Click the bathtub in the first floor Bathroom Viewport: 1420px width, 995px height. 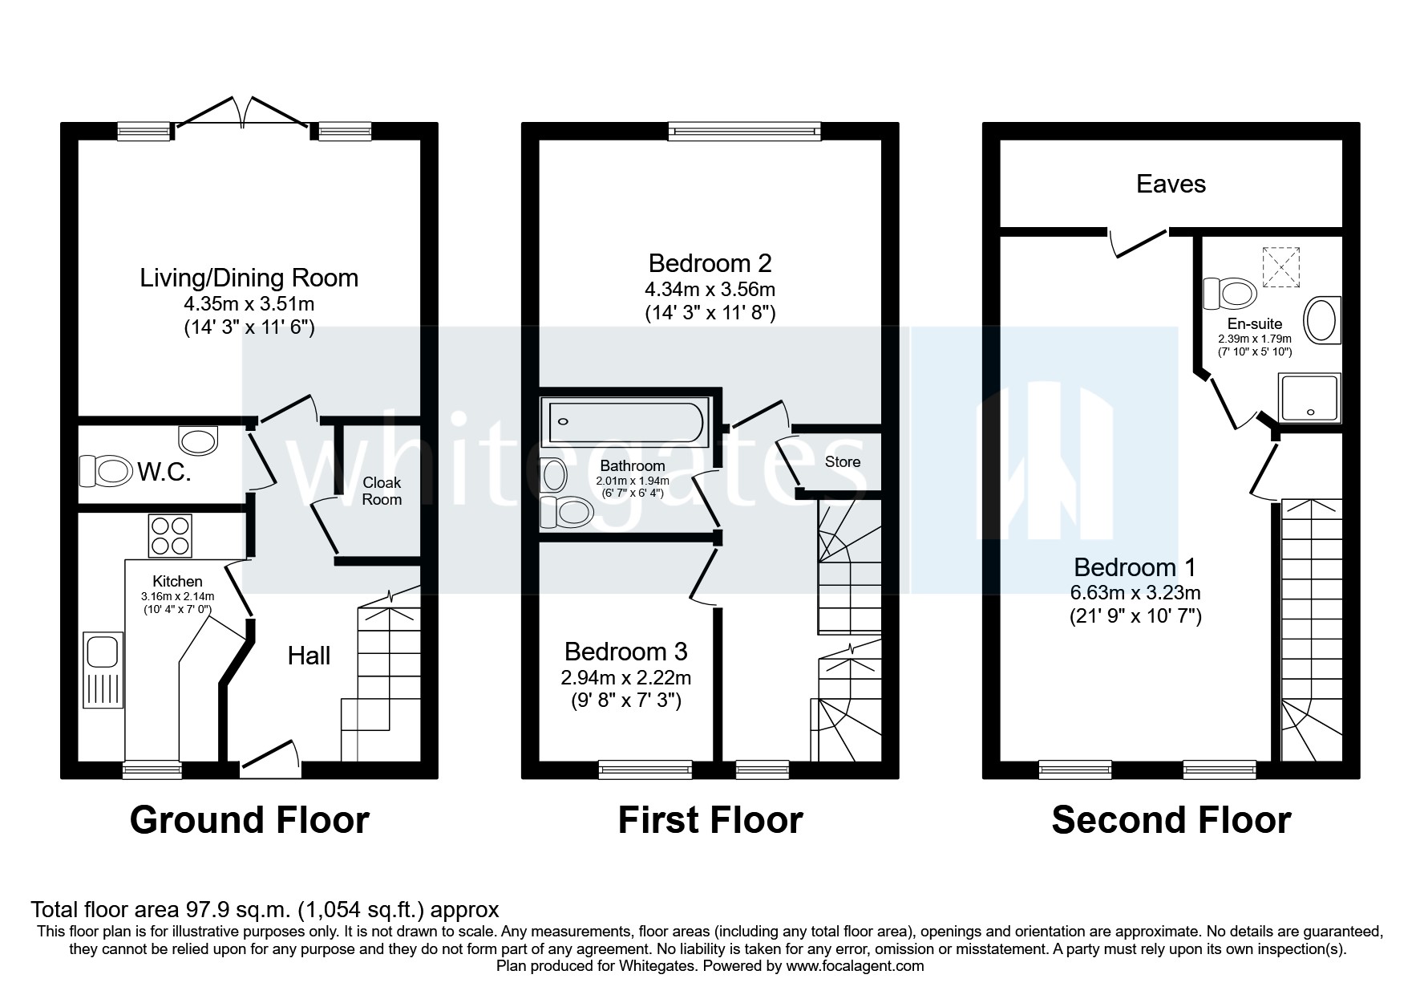tap(625, 421)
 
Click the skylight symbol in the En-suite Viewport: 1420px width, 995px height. tap(1280, 266)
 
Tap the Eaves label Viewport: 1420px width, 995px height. tap(1171, 184)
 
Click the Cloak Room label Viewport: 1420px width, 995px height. tap(382, 491)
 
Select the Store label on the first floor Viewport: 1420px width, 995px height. tap(842, 461)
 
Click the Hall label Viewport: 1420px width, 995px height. tap(309, 656)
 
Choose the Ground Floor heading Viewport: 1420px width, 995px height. tap(249, 820)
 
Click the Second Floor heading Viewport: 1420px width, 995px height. tap(1171, 820)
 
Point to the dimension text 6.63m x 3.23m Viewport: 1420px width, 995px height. tap(1135, 593)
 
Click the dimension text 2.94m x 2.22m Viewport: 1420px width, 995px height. tap(625, 677)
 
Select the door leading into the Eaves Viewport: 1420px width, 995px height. tap(1139, 242)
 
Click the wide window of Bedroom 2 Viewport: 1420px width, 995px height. tap(745, 132)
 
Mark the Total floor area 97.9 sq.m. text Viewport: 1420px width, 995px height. tap(265, 909)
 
